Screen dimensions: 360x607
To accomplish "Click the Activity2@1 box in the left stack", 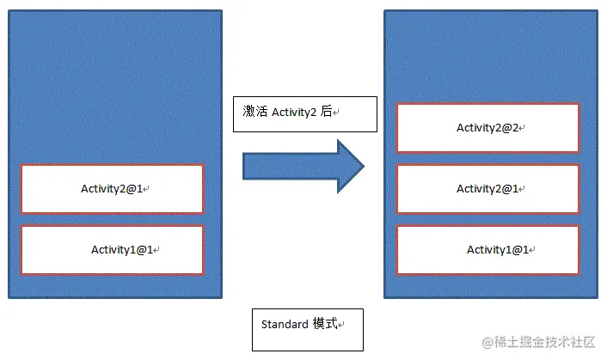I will point(112,188).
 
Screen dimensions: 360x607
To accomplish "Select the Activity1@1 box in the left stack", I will point(112,249).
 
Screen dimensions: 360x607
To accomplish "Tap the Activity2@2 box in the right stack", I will point(487,127).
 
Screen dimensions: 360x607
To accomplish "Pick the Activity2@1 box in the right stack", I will point(487,188).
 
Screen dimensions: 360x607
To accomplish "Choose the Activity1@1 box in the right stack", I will point(487,249).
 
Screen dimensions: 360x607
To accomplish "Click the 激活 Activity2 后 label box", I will point(305,113).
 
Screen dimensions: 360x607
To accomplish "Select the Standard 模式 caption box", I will point(307,329).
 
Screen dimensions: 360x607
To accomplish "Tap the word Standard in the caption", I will point(285,325).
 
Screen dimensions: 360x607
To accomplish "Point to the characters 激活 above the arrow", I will point(255,112).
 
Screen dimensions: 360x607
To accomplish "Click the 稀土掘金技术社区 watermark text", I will point(546,342).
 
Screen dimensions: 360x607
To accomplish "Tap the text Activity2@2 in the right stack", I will point(487,127).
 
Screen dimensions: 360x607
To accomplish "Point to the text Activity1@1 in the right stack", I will point(497,249).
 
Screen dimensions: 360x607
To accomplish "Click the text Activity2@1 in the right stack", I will point(487,188).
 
